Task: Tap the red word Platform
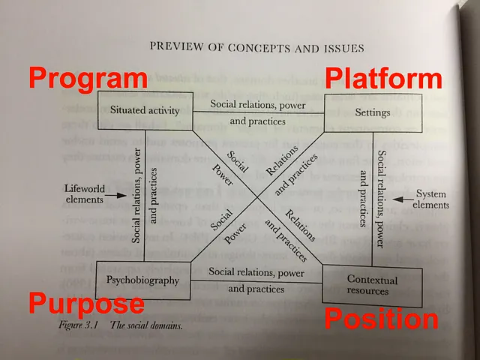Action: pos(383,79)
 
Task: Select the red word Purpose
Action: pos(86,304)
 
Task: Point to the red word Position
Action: pos(381,319)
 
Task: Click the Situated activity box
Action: pos(145,111)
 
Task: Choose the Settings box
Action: pos(373,113)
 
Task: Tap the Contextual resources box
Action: pos(372,283)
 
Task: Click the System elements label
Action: pos(432,199)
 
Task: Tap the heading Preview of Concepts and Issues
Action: pos(257,49)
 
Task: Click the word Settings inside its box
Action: pos(373,113)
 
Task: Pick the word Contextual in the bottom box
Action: pos(372,279)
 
